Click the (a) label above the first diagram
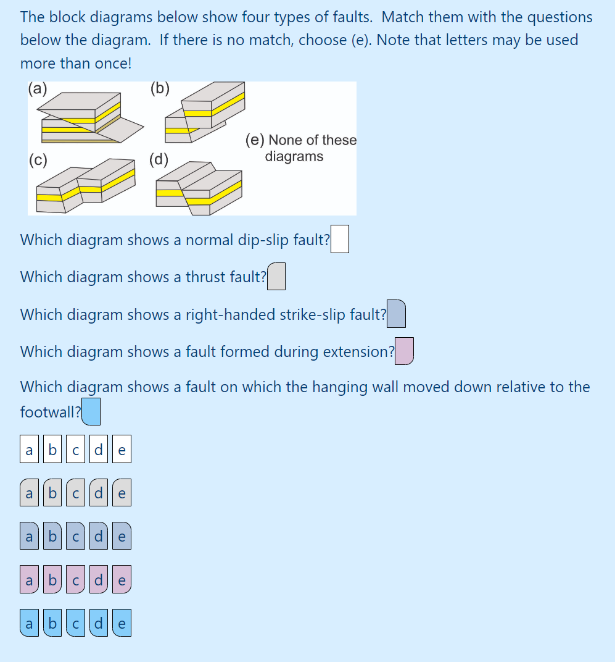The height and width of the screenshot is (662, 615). pos(38,88)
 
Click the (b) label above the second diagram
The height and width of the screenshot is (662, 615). pos(160,88)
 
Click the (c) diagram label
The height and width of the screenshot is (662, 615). pos(38,160)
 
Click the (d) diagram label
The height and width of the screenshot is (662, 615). pos(159,160)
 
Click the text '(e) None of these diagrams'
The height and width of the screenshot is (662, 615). pos(301,148)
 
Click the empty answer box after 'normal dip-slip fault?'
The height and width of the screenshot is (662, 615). pos(340,240)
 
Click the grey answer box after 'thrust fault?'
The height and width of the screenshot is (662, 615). pos(276,277)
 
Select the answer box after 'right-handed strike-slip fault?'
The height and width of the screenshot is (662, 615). pos(396,314)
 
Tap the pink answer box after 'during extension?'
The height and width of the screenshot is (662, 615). pos(404,351)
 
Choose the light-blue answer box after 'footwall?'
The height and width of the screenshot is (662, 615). pos(91,413)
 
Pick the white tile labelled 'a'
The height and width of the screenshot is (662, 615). pos(29,451)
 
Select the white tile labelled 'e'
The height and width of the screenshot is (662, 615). pos(122,451)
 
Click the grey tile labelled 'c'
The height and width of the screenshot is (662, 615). pos(75,494)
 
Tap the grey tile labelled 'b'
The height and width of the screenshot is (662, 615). pos(52,494)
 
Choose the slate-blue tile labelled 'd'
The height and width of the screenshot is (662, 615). pos(99,537)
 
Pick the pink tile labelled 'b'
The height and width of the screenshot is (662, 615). pos(52,580)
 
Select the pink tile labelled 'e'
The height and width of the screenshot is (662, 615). pos(122,580)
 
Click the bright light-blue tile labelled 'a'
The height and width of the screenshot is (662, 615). pos(29,624)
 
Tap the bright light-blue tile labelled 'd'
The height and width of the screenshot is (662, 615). pos(99,624)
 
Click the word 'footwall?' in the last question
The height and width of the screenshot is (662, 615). pos(50,412)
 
